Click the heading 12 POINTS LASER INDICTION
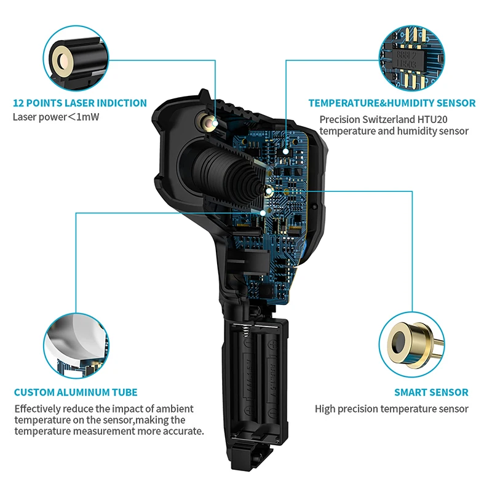pyautogui.click(x=80, y=103)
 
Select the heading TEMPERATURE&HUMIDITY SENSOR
pyautogui.click(x=392, y=103)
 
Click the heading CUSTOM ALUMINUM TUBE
pyautogui.click(x=76, y=392)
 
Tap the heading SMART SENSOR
pyautogui.click(x=431, y=392)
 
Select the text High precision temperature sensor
pyautogui.click(x=392, y=409)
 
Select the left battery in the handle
pyautogui.click(x=254, y=381)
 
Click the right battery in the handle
pyautogui.click(x=274, y=381)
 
